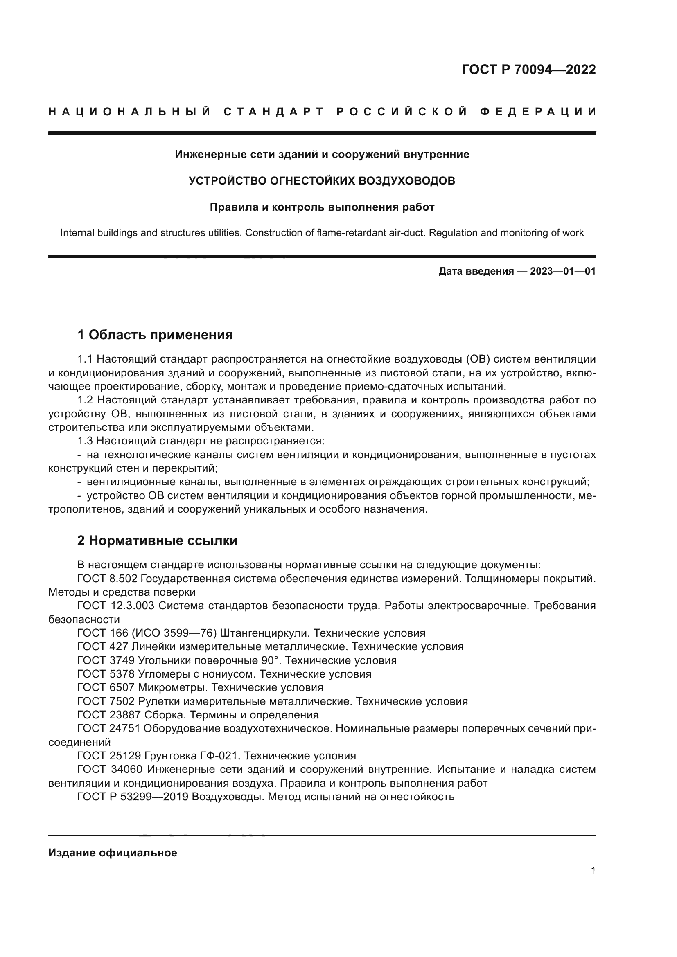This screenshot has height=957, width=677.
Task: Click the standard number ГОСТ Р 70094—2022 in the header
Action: (528, 70)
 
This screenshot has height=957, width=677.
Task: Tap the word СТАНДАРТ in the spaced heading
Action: (274, 112)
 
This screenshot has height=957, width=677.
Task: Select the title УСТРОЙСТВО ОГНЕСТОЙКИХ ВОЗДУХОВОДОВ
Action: (322, 181)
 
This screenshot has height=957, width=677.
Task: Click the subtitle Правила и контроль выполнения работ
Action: (322, 207)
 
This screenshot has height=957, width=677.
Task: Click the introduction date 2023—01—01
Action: (563, 271)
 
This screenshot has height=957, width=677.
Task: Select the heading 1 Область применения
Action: (155, 335)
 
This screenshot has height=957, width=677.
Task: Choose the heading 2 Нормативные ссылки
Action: (157, 540)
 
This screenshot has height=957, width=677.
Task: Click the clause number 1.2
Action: (86, 400)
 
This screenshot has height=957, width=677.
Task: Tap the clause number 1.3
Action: (86, 441)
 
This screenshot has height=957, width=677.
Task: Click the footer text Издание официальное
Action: (113, 853)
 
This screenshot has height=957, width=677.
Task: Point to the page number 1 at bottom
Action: (593, 878)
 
